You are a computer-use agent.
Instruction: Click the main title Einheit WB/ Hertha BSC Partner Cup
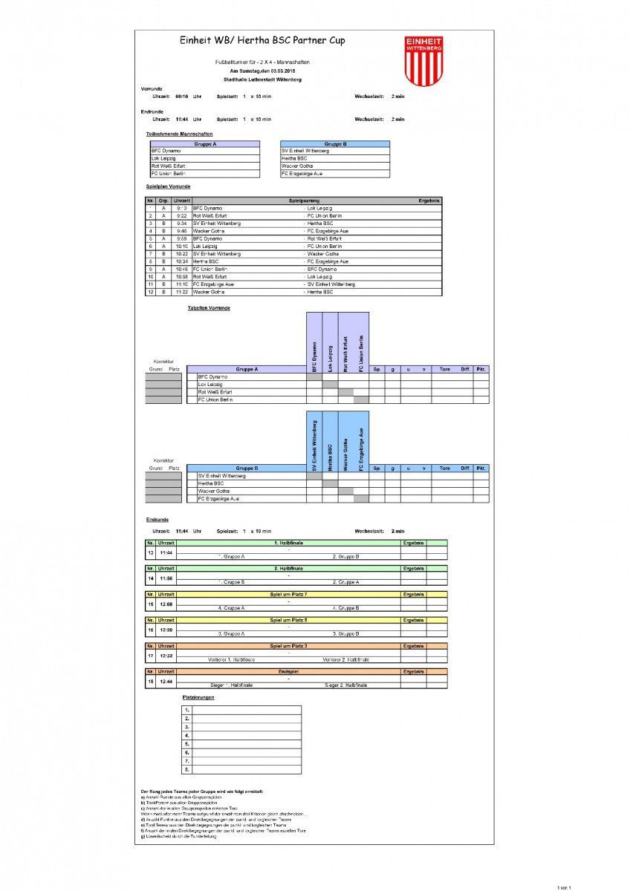262,41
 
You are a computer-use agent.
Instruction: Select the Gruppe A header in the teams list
205,144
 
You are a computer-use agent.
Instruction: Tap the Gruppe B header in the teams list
335,144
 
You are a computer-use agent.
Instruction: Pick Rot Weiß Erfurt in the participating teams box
169,166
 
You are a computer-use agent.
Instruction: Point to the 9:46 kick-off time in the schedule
181,231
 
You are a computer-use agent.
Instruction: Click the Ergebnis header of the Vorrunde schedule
429,200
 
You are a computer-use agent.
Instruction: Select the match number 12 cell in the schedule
151,292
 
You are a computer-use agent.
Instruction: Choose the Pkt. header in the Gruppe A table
481,368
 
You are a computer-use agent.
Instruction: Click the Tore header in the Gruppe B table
444,469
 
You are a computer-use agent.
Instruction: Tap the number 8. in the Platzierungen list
187,769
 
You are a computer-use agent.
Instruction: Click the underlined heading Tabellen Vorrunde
209,307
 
